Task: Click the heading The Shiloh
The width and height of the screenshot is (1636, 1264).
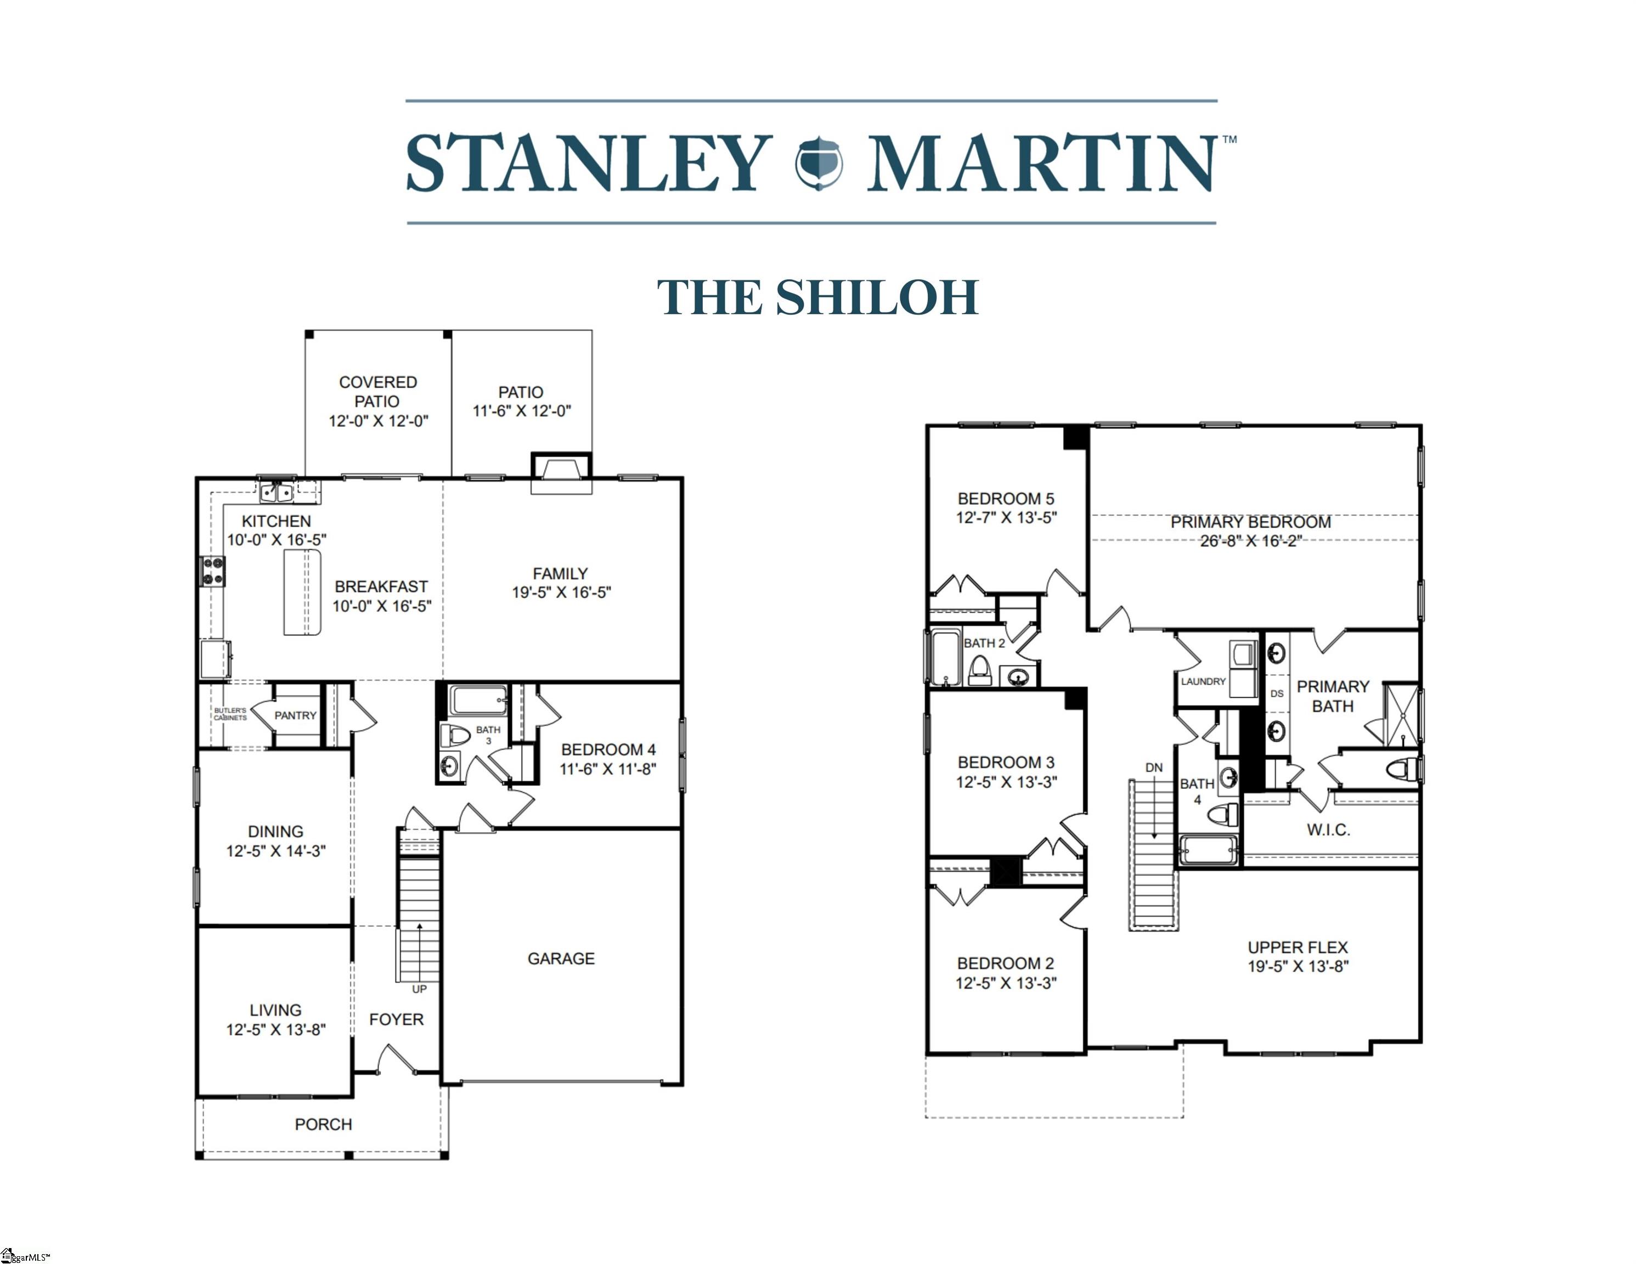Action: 818,297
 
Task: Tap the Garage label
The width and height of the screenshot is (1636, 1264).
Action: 561,958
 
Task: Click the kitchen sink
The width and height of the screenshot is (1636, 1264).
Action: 277,492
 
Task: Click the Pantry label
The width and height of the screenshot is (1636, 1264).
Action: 295,715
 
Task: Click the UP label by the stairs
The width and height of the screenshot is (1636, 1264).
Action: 420,989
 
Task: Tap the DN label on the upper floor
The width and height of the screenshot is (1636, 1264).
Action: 1154,768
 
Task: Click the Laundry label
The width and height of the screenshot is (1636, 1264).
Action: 1203,681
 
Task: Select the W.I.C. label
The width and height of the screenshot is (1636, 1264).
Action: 1328,830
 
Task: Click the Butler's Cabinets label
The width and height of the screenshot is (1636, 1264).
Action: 230,714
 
